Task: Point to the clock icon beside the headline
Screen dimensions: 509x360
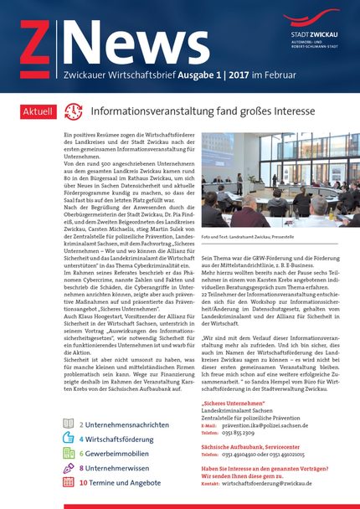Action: tap(74, 111)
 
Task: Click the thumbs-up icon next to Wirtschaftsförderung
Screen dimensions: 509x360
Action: tap(69, 440)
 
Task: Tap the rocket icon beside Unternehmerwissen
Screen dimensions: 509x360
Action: tap(69, 468)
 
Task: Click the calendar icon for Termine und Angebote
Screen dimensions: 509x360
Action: tap(69, 482)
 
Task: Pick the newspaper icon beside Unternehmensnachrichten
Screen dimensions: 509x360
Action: tap(69, 425)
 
